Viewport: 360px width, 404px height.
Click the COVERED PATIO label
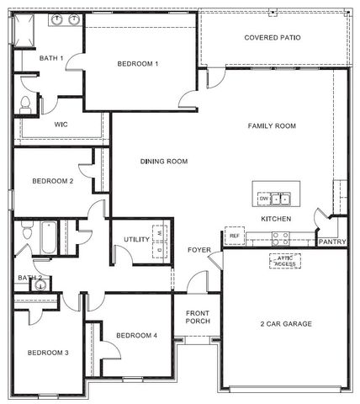[273, 38]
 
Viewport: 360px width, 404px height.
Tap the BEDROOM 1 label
[138, 64]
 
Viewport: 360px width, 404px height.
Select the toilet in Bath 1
[25, 105]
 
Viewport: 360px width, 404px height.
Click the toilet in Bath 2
[27, 230]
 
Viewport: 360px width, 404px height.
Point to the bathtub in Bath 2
[49, 237]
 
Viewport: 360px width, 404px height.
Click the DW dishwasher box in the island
[264, 199]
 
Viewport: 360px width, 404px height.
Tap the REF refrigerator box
[235, 236]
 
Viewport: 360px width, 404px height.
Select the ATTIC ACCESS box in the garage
[285, 261]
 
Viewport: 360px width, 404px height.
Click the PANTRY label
[332, 242]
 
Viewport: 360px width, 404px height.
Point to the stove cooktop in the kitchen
[281, 239]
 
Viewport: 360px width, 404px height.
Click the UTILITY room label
[136, 239]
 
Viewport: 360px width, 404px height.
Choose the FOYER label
[199, 250]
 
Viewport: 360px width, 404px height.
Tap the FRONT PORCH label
[198, 317]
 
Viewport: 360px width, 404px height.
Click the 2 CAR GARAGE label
[286, 324]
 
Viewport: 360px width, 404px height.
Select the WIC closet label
[61, 125]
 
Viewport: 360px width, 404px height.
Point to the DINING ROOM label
[164, 162]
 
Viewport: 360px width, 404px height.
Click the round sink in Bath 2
[40, 285]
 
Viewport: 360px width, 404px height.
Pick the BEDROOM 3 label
[48, 353]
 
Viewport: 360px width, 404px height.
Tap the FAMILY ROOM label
[272, 125]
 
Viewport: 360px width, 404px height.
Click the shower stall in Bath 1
[24, 30]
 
